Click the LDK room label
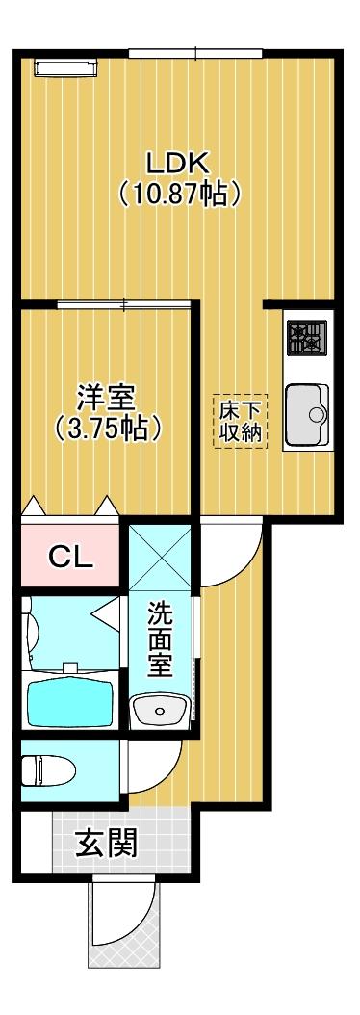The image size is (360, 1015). [178, 161]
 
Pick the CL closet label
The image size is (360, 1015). [71, 558]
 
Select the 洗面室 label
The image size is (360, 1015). [160, 639]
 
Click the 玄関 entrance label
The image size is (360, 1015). [107, 845]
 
